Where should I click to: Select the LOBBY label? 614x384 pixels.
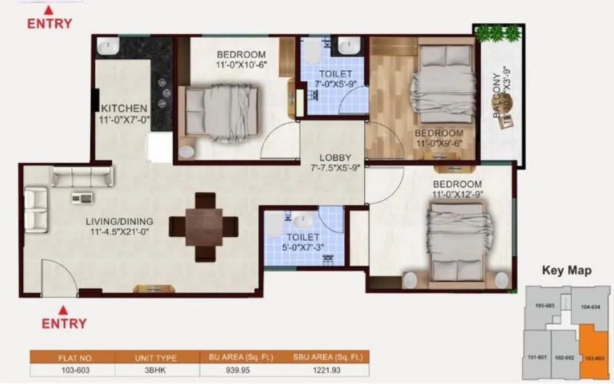(335, 158)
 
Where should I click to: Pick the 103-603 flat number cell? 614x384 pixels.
(72, 370)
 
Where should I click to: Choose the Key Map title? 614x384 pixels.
(566, 270)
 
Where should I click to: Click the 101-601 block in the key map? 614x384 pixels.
(537, 358)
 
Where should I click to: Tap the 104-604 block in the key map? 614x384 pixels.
(591, 307)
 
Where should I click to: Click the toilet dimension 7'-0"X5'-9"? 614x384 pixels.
(328, 85)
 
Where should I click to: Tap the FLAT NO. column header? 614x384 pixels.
(72, 358)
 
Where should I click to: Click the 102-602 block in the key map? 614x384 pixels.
(563, 358)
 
